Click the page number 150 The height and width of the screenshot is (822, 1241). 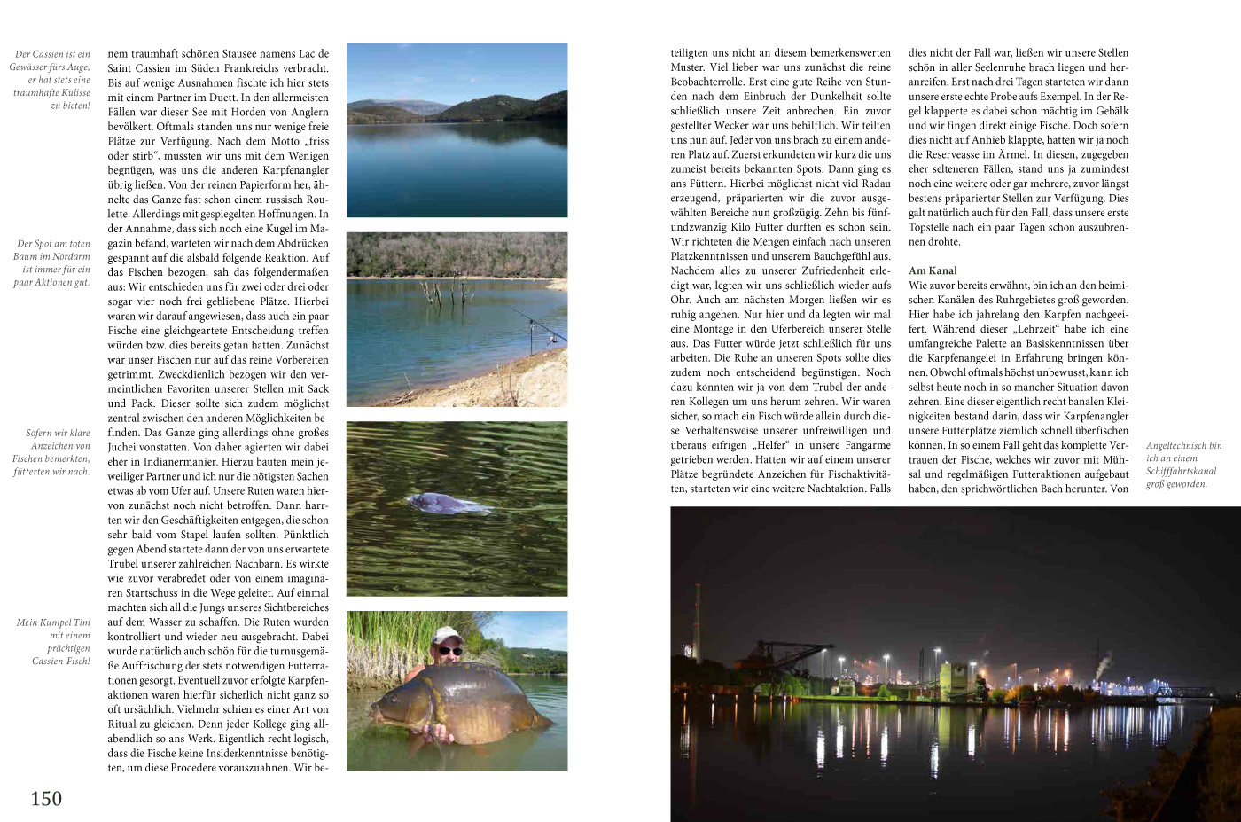point(46,798)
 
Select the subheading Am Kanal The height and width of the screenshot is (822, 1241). point(933,270)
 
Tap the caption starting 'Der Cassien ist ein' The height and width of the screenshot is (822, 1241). point(52,80)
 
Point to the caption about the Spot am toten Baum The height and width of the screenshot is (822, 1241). point(52,263)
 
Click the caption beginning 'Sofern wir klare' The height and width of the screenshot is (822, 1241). point(52,452)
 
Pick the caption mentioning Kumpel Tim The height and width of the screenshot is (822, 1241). point(54,641)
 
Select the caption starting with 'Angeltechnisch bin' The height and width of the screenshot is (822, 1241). point(1183,465)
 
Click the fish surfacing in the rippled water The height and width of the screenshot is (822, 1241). point(448,505)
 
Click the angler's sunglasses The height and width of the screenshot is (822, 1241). point(450,651)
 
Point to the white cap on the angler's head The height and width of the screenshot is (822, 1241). point(448,636)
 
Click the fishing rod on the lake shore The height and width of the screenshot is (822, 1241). point(541,326)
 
